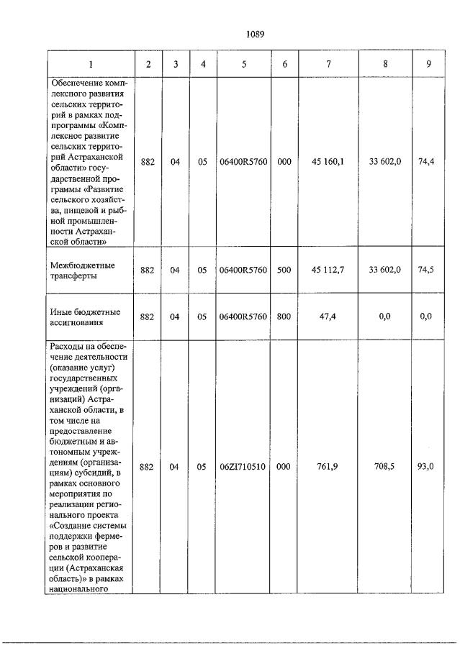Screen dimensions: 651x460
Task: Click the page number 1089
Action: [257, 34]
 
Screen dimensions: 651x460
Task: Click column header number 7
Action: [328, 64]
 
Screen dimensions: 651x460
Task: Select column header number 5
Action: [243, 64]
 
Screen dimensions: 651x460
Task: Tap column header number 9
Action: [428, 64]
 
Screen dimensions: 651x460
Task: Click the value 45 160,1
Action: [328, 163]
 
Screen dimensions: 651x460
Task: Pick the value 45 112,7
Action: [328, 270]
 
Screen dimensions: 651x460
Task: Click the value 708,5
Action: [386, 467]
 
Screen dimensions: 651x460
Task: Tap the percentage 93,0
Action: [426, 467]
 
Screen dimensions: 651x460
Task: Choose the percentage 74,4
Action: [426, 163]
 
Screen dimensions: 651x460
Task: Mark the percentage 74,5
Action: [426, 270]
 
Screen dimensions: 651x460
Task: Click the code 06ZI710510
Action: [243, 467]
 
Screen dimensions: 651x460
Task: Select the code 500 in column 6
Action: [284, 270]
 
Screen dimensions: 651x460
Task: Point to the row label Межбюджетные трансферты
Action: [85, 270]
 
